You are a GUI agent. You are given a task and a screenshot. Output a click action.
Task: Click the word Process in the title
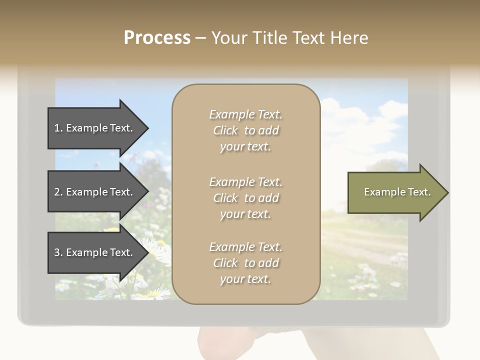pos(157,38)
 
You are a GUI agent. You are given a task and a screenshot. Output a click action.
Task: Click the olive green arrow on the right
pos(395,192)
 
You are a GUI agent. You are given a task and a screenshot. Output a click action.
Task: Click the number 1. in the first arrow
pos(58,128)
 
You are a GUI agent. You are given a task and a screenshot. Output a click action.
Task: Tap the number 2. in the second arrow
pos(58,192)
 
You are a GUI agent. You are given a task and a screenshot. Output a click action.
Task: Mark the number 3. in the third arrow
pos(58,252)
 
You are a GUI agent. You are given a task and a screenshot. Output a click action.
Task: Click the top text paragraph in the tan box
pos(245,130)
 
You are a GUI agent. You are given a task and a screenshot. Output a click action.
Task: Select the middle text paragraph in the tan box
pos(245,198)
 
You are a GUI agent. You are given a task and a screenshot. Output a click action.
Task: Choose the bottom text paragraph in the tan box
pos(245,263)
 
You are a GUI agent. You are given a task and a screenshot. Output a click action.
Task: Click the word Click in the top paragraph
pos(225,130)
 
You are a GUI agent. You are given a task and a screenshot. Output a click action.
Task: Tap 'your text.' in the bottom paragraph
pos(245,279)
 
